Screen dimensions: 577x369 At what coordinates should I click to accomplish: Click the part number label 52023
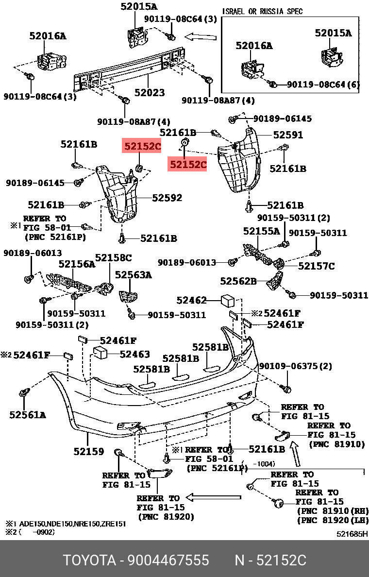point(150,92)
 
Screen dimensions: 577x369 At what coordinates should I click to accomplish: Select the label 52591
point(288,135)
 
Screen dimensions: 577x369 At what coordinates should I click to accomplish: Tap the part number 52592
point(167,198)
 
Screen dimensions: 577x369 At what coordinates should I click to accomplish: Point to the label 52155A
point(262,231)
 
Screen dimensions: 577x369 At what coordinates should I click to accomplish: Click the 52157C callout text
point(316,266)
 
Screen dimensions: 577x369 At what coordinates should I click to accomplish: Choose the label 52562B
point(238,281)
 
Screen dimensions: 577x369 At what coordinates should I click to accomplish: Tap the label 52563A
point(133,275)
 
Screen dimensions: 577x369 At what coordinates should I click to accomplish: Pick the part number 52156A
point(77,264)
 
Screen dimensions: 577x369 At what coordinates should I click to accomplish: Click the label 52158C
point(113,257)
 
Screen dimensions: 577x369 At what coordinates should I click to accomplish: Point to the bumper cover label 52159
point(89,451)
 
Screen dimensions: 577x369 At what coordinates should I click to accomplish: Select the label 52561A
point(27,414)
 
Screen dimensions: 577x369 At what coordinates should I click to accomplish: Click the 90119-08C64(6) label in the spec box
point(323,85)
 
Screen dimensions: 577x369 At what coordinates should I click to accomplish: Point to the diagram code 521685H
point(352,534)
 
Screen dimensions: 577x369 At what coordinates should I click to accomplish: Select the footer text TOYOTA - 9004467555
point(136,560)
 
